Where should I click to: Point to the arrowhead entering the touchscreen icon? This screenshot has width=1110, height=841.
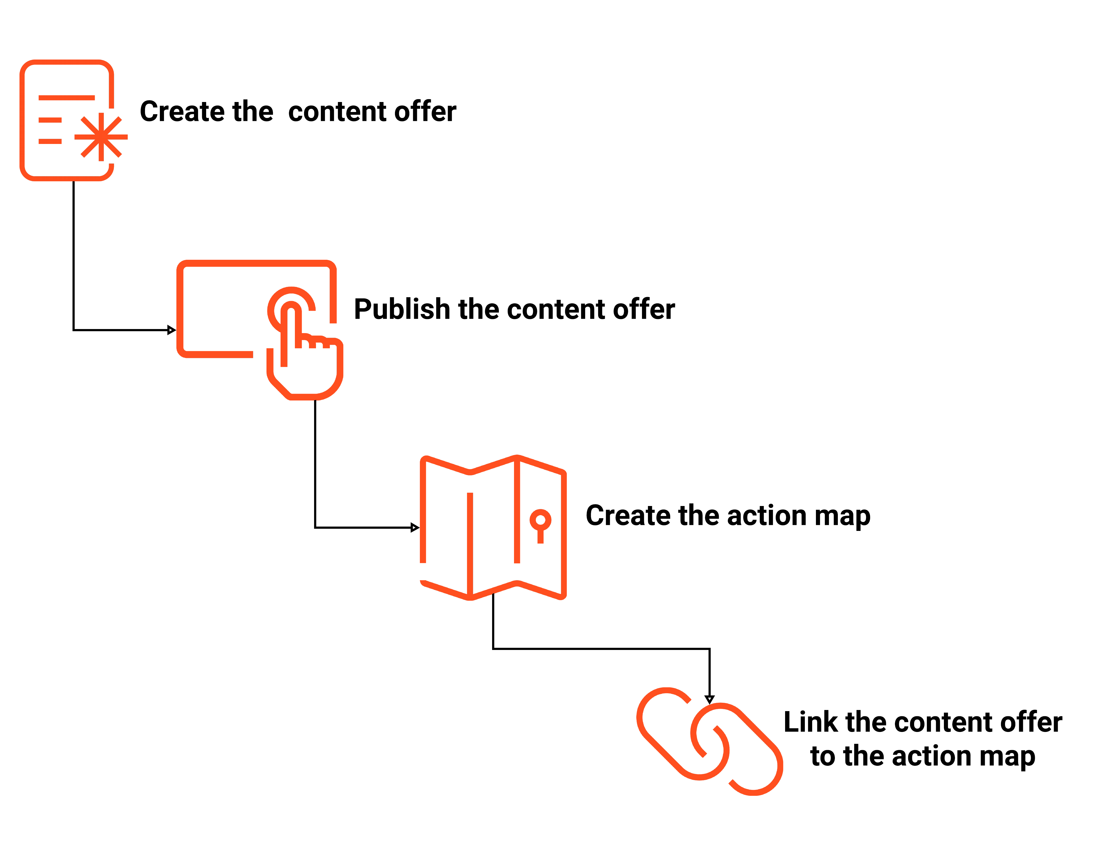point(172,330)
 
